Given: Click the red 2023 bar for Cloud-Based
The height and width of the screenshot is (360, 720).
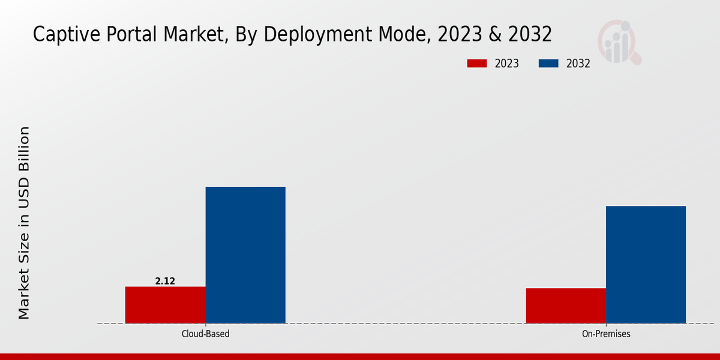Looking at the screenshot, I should (x=165, y=305).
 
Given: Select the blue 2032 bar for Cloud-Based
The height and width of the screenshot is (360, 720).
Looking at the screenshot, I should (x=245, y=255).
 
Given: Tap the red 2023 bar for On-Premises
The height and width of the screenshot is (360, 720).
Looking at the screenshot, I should (x=566, y=305).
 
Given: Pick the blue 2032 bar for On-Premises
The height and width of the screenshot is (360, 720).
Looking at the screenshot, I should (x=646, y=265).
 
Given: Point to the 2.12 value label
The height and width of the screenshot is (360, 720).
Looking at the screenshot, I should (x=165, y=281).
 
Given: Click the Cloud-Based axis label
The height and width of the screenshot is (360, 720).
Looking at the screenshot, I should (x=205, y=334).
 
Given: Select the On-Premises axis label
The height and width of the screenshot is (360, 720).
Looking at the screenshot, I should (x=606, y=334).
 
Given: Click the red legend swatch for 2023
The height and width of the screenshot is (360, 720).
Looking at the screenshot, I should (x=477, y=64).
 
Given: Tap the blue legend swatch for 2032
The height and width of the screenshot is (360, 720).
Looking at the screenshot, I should (x=548, y=64).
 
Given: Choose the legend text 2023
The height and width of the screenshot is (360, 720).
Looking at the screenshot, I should (x=507, y=64).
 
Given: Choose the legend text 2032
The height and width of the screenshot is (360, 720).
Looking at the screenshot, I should (x=578, y=64).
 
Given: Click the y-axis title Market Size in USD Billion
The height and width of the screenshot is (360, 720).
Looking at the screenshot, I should (x=24, y=223).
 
